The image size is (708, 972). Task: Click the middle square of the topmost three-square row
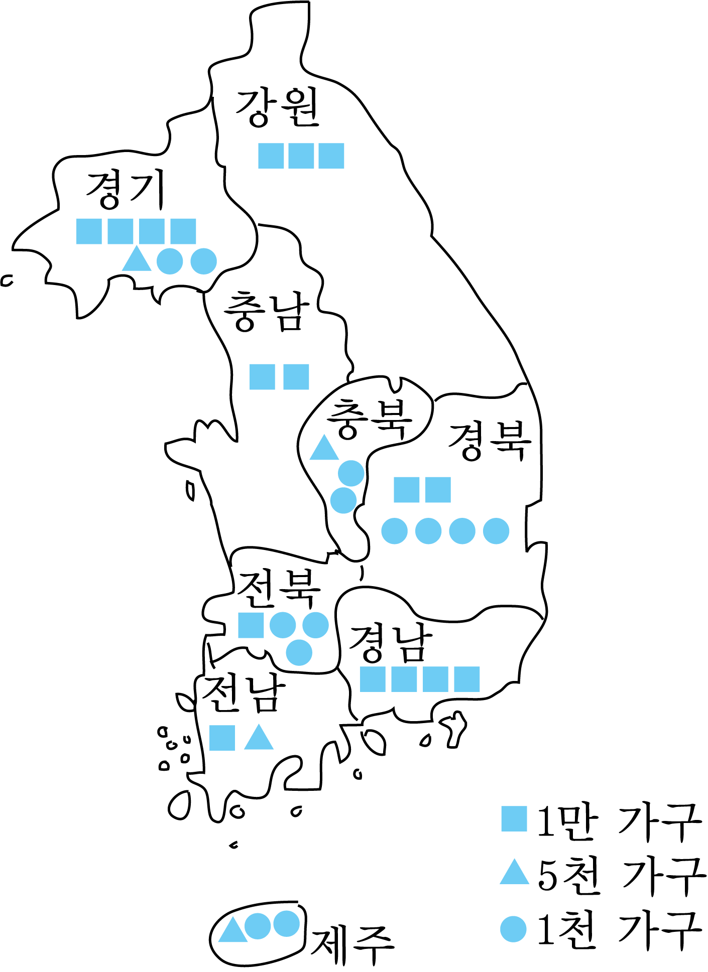point(301,156)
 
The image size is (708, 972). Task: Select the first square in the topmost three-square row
point(271,156)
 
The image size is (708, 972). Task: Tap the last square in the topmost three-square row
point(331,156)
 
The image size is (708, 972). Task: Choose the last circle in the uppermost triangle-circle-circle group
point(203,261)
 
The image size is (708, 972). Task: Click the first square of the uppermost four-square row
point(89,231)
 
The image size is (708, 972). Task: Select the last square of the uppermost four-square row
point(183,231)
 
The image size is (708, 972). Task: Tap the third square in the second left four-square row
point(152,348)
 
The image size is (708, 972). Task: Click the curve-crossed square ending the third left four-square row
point(183,464)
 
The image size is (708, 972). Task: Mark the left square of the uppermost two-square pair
point(406,490)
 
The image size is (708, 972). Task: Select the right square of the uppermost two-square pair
point(438,490)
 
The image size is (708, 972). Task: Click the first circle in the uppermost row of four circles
point(394,531)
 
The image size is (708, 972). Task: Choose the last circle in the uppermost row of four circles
point(496,531)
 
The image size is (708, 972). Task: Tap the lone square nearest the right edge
point(514,819)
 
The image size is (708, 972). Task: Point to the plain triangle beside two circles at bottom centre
point(232,931)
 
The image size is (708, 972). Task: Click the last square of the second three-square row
point(331,272)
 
